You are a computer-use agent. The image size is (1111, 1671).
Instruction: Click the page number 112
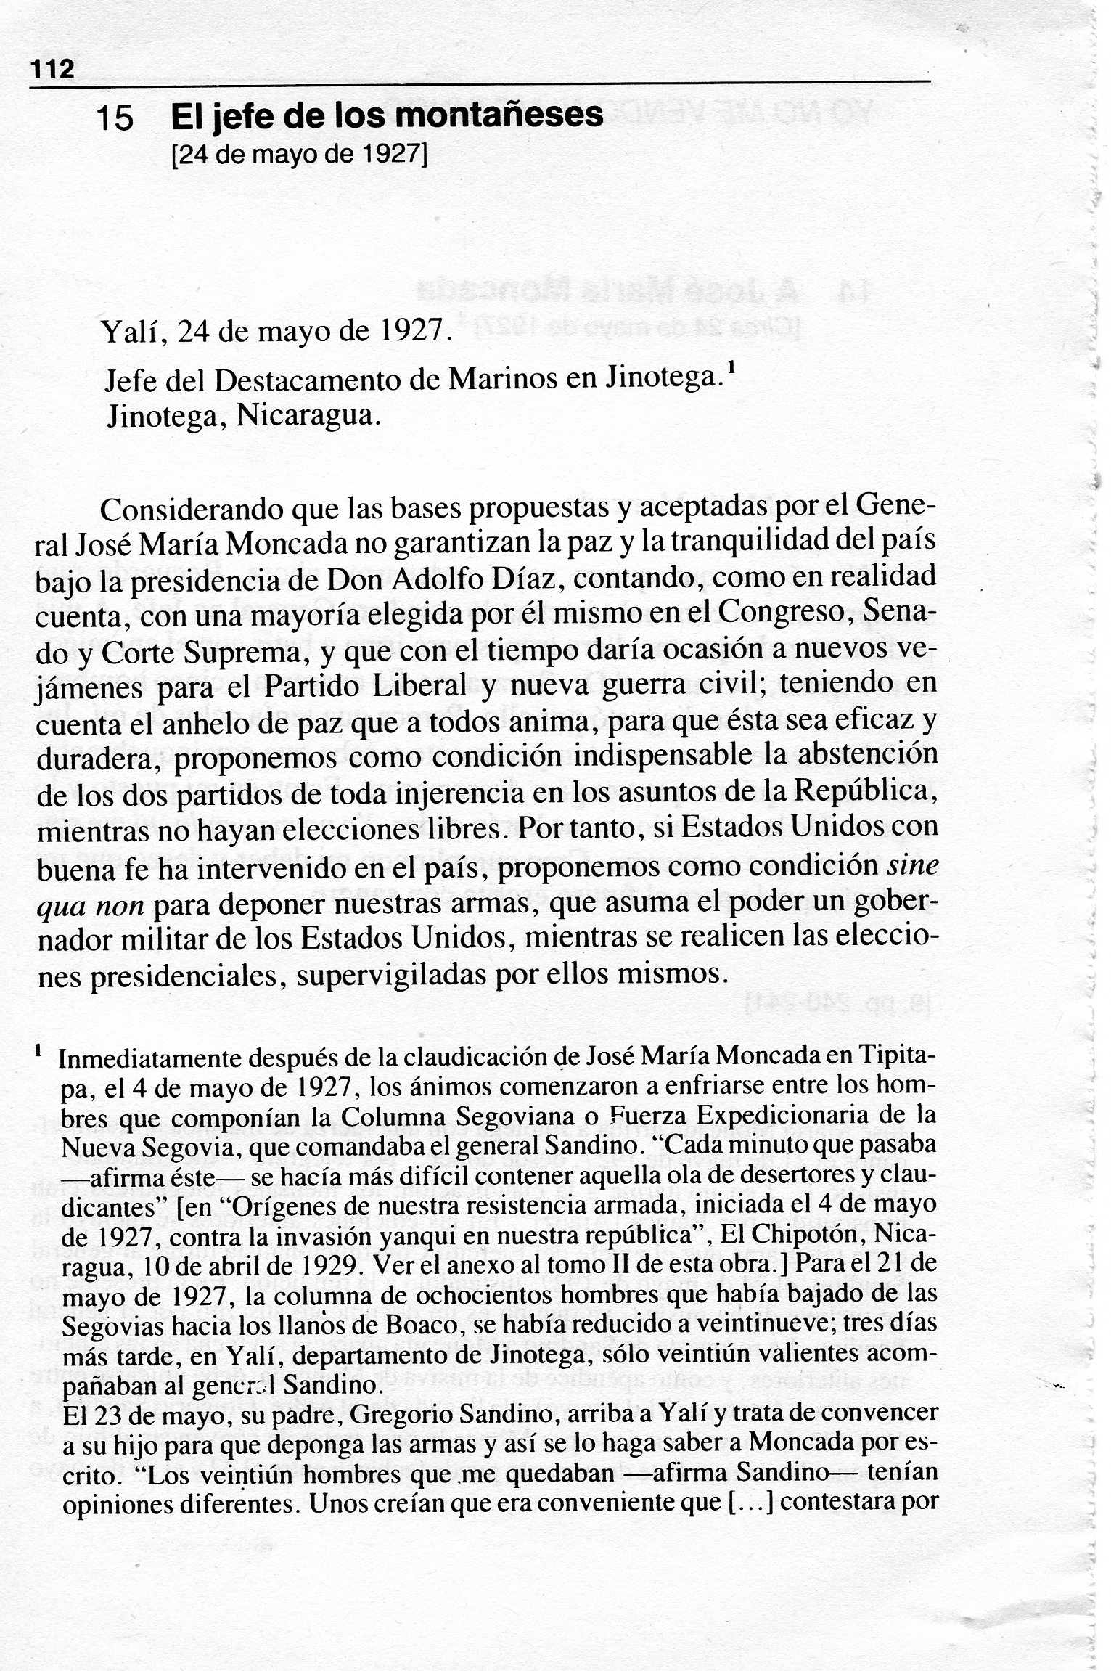52,70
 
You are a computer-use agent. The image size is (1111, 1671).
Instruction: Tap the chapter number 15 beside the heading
115,118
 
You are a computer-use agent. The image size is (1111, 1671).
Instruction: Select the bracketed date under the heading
298,155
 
